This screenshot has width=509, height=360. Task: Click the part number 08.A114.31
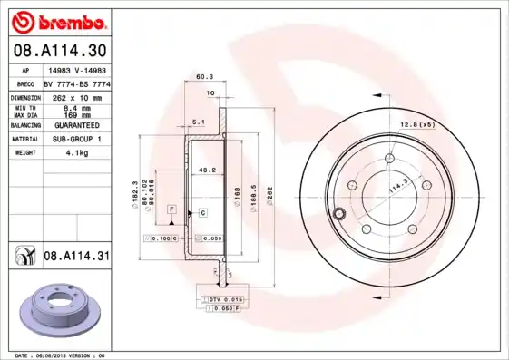pyautogui.click(x=76, y=258)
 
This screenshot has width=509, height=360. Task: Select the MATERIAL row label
pyautogui.click(x=24, y=139)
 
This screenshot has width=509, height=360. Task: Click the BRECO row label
pyautogui.click(x=25, y=83)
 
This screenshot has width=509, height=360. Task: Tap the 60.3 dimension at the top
pyautogui.click(x=205, y=77)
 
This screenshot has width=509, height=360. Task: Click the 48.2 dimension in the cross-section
pyautogui.click(x=206, y=169)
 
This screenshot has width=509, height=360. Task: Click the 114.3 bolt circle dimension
pyautogui.click(x=396, y=190)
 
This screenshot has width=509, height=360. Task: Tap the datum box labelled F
pyautogui.click(x=170, y=209)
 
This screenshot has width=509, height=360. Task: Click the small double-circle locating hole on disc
pyautogui.click(x=338, y=214)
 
